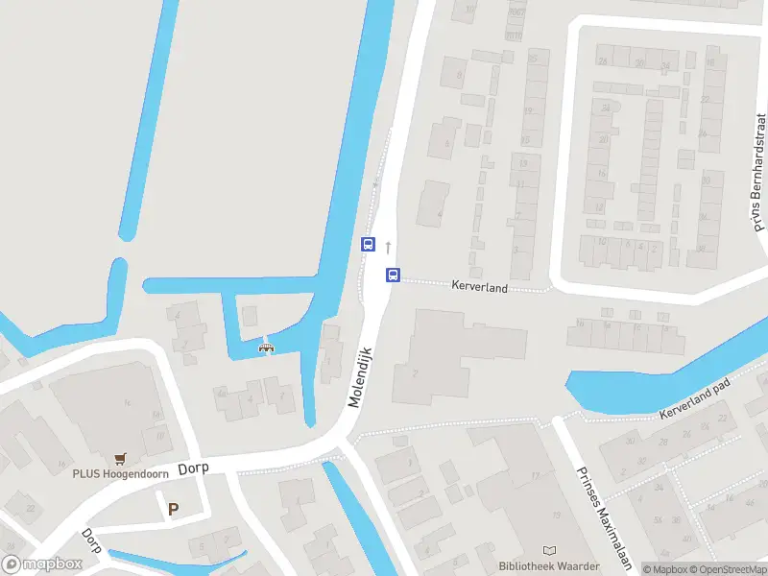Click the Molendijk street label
click(361, 377)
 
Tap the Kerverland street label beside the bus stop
click(479, 286)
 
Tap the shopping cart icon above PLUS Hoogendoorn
click(120, 458)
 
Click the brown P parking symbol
click(174, 509)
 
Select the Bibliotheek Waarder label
click(549, 566)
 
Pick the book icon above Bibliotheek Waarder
click(549, 551)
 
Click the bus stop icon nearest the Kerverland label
click(393, 276)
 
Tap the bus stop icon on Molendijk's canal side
click(368, 245)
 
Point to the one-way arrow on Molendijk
click(388, 247)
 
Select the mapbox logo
click(42, 564)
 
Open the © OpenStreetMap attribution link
click(729, 569)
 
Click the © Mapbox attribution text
click(664, 569)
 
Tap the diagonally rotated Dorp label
click(93, 540)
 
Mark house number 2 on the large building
click(416, 372)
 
